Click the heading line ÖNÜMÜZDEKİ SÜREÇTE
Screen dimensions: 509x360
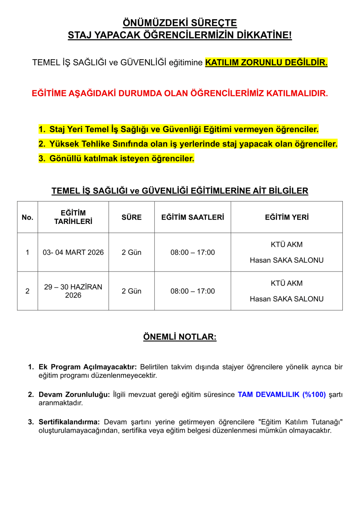[180, 22]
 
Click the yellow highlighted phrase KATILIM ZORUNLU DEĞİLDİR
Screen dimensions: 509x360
[266, 62]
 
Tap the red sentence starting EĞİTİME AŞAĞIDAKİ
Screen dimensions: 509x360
[180, 94]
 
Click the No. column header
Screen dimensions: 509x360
[27, 217]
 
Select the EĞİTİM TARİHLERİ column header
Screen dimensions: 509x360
[73, 217]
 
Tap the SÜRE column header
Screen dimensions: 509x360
[131, 217]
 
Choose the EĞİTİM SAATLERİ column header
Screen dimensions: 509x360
[192, 217]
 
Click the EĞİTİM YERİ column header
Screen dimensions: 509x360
[286, 217]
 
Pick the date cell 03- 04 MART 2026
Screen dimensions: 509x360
[73, 252]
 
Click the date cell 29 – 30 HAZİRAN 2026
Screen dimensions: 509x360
[73, 291]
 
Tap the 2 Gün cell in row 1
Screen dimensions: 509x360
[131, 252]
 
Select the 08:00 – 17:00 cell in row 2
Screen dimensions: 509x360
[192, 291]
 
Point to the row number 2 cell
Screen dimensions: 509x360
[27, 291]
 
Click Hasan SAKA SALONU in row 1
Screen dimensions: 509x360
[286, 260]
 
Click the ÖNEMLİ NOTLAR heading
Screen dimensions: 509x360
[180, 337]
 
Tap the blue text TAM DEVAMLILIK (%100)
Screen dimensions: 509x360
[282, 395]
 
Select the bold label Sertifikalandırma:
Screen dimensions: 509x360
[69, 422]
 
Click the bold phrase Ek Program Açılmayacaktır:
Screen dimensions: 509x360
[88, 367]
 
